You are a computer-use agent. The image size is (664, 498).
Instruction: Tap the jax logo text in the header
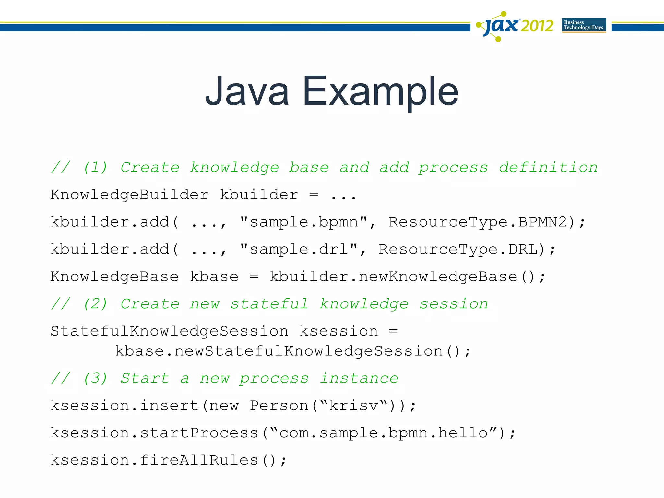click(x=501, y=26)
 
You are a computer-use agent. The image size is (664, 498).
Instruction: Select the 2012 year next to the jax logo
click(x=537, y=26)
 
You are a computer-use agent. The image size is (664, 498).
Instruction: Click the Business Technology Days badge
click(x=584, y=25)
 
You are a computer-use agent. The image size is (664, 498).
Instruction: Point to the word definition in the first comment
click(x=548, y=168)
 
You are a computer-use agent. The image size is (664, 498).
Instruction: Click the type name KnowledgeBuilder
click(x=129, y=195)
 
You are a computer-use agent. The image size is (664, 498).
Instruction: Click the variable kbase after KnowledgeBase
click(x=214, y=277)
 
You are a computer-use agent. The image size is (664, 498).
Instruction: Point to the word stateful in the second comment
click(x=269, y=304)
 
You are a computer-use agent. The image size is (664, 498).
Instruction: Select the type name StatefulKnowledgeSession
click(x=169, y=331)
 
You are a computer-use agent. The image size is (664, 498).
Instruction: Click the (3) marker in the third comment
click(x=95, y=378)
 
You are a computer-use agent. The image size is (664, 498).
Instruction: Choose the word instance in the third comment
click(x=359, y=378)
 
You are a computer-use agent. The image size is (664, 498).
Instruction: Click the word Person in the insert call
click(x=279, y=406)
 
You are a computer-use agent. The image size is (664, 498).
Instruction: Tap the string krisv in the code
click(x=354, y=406)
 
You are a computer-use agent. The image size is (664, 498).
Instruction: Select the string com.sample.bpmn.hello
click(x=383, y=433)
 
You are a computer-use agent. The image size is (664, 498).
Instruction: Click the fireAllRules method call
click(x=199, y=460)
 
